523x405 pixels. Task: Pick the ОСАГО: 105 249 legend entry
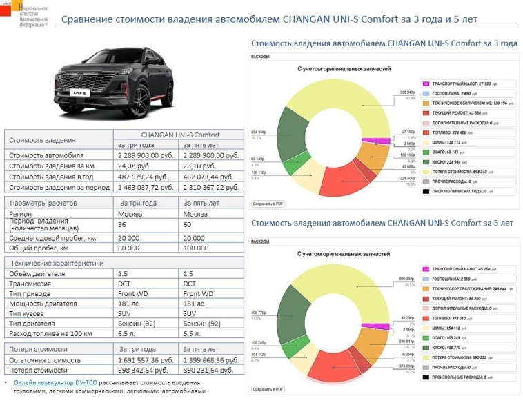pyautogui.click(x=449, y=338)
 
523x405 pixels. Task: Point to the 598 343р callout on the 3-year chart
pyautogui.click(x=407, y=92)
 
